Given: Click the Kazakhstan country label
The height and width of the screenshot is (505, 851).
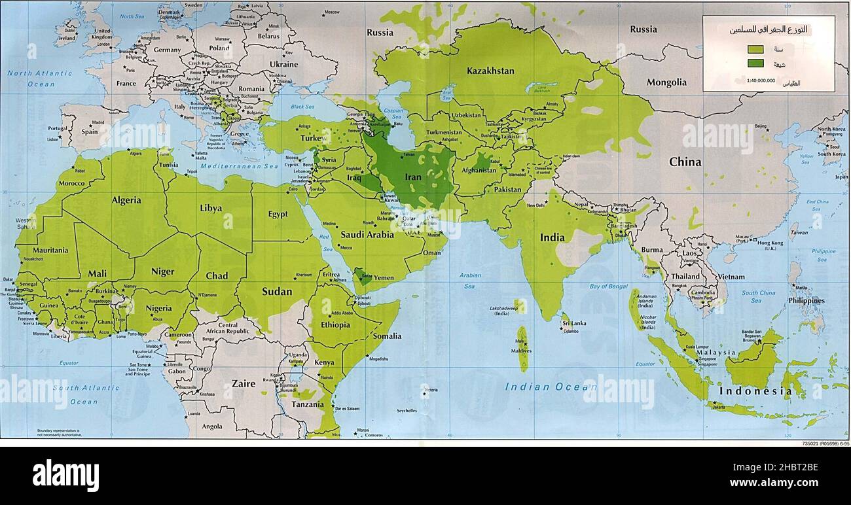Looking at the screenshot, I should (490, 71).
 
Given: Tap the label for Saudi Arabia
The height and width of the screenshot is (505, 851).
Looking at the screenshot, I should (367, 235).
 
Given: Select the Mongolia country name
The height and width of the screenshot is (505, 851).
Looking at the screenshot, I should (666, 82).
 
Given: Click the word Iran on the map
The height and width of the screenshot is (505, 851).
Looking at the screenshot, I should (413, 177).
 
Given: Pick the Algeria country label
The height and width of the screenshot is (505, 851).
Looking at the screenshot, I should (126, 200).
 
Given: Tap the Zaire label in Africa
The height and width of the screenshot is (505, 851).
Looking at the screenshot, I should (244, 384).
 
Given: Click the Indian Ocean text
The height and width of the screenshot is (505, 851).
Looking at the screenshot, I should (541, 387).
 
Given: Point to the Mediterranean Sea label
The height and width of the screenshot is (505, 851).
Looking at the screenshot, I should (240, 166).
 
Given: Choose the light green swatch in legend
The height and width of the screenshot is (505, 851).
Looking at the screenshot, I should (755, 49).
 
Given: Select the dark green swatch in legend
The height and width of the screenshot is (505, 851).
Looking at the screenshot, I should (755, 63).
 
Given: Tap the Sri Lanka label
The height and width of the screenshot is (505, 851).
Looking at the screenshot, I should (573, 323).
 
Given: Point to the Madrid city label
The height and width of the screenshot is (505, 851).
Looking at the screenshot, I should (98, 122).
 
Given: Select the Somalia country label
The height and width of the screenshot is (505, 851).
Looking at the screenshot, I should (387, 336).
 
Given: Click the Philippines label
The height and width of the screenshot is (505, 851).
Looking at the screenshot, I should (806, 301).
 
